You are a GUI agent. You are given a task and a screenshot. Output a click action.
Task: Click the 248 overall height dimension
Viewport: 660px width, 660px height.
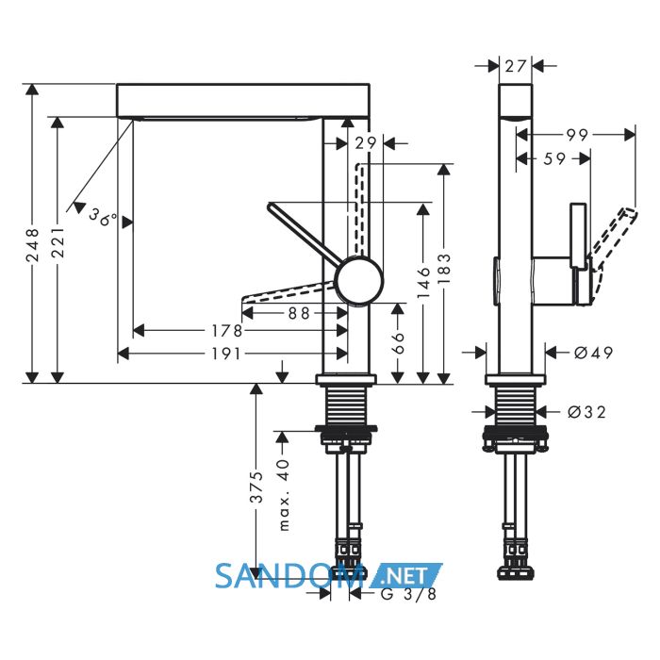pos(32,245)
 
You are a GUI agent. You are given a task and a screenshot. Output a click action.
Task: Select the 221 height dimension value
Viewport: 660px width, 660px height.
pos(58,242)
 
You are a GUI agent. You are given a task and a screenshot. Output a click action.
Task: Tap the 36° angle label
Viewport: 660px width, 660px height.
pos(103,217)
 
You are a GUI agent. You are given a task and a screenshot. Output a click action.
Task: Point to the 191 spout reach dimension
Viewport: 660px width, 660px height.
pos(226,354)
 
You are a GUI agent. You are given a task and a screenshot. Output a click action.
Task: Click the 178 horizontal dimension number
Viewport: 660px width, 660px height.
pos(226,331)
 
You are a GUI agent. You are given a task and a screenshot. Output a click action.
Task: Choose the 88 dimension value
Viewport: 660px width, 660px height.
pos(299,313)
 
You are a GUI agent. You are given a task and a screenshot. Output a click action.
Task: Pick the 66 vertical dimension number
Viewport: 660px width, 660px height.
pos(399,343)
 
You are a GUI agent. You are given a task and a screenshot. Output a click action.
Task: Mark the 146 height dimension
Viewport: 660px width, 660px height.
pos(424,283)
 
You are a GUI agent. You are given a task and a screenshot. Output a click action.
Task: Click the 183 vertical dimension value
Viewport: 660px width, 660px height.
pos(444,269)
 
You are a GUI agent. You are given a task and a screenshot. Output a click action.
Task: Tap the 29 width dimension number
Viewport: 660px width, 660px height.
pos(366,143)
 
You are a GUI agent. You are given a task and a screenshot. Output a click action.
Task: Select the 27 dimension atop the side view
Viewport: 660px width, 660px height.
pos(516,66)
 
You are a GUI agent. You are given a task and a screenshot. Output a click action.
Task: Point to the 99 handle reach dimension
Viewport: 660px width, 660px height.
pos(577,135)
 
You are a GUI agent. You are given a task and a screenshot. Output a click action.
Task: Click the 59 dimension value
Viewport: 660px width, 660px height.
pos(554,158)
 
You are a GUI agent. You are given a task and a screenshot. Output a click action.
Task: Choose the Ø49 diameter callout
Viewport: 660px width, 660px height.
pos(593,353)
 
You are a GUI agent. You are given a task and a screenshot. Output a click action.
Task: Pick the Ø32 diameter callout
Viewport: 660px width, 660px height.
pos(587,412)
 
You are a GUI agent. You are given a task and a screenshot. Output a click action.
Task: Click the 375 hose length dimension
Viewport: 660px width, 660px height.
pos(256,487)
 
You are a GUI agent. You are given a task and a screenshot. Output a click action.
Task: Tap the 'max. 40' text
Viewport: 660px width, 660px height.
pos(285,495)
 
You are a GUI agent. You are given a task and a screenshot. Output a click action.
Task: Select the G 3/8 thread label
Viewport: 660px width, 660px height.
pos(408,594)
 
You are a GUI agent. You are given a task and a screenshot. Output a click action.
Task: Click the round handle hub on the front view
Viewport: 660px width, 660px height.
pos(359,281)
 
